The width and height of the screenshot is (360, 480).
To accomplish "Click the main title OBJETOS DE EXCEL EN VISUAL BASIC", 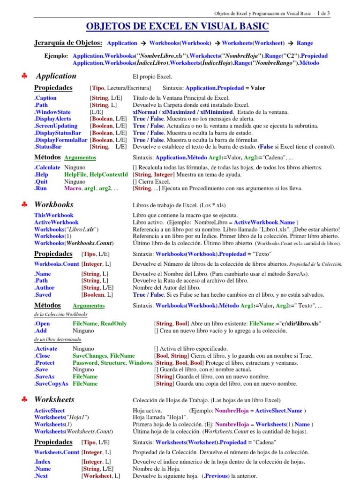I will [178, 26].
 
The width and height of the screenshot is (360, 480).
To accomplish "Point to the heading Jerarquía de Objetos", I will [68, 43].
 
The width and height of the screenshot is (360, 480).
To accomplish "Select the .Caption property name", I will [45, 98].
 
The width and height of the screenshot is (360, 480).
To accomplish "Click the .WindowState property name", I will [52, 112].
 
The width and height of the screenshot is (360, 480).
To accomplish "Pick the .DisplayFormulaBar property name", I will [60, 140].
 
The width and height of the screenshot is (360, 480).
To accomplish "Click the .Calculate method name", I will [47, 167].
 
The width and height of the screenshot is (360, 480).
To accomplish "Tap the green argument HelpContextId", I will [109, 174].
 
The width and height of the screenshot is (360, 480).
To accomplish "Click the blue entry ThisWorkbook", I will [54, 215].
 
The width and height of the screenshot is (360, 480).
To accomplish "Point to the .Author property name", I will [45, 288].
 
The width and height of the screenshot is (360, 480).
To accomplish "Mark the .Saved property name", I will [44, 295].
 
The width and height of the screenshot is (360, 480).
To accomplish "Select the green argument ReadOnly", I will [114, 323].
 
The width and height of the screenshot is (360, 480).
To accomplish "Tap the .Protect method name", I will [45, 363].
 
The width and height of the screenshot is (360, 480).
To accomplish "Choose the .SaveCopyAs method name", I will [51, 383].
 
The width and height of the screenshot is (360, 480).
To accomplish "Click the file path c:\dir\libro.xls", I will [296, 323].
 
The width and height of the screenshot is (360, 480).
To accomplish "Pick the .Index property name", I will [43, 462].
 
